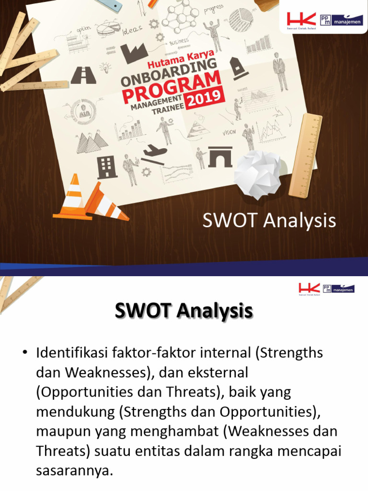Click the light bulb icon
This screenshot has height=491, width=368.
(x=105, y=68)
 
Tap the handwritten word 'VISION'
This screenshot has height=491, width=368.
(x=229, y=132)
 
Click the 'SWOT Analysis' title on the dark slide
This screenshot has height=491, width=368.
(x=269, y=221)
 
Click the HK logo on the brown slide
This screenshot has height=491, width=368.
(x=301, y=20)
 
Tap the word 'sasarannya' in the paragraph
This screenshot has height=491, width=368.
(x=74, y=470)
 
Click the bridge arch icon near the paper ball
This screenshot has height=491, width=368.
(x=220, y=157)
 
